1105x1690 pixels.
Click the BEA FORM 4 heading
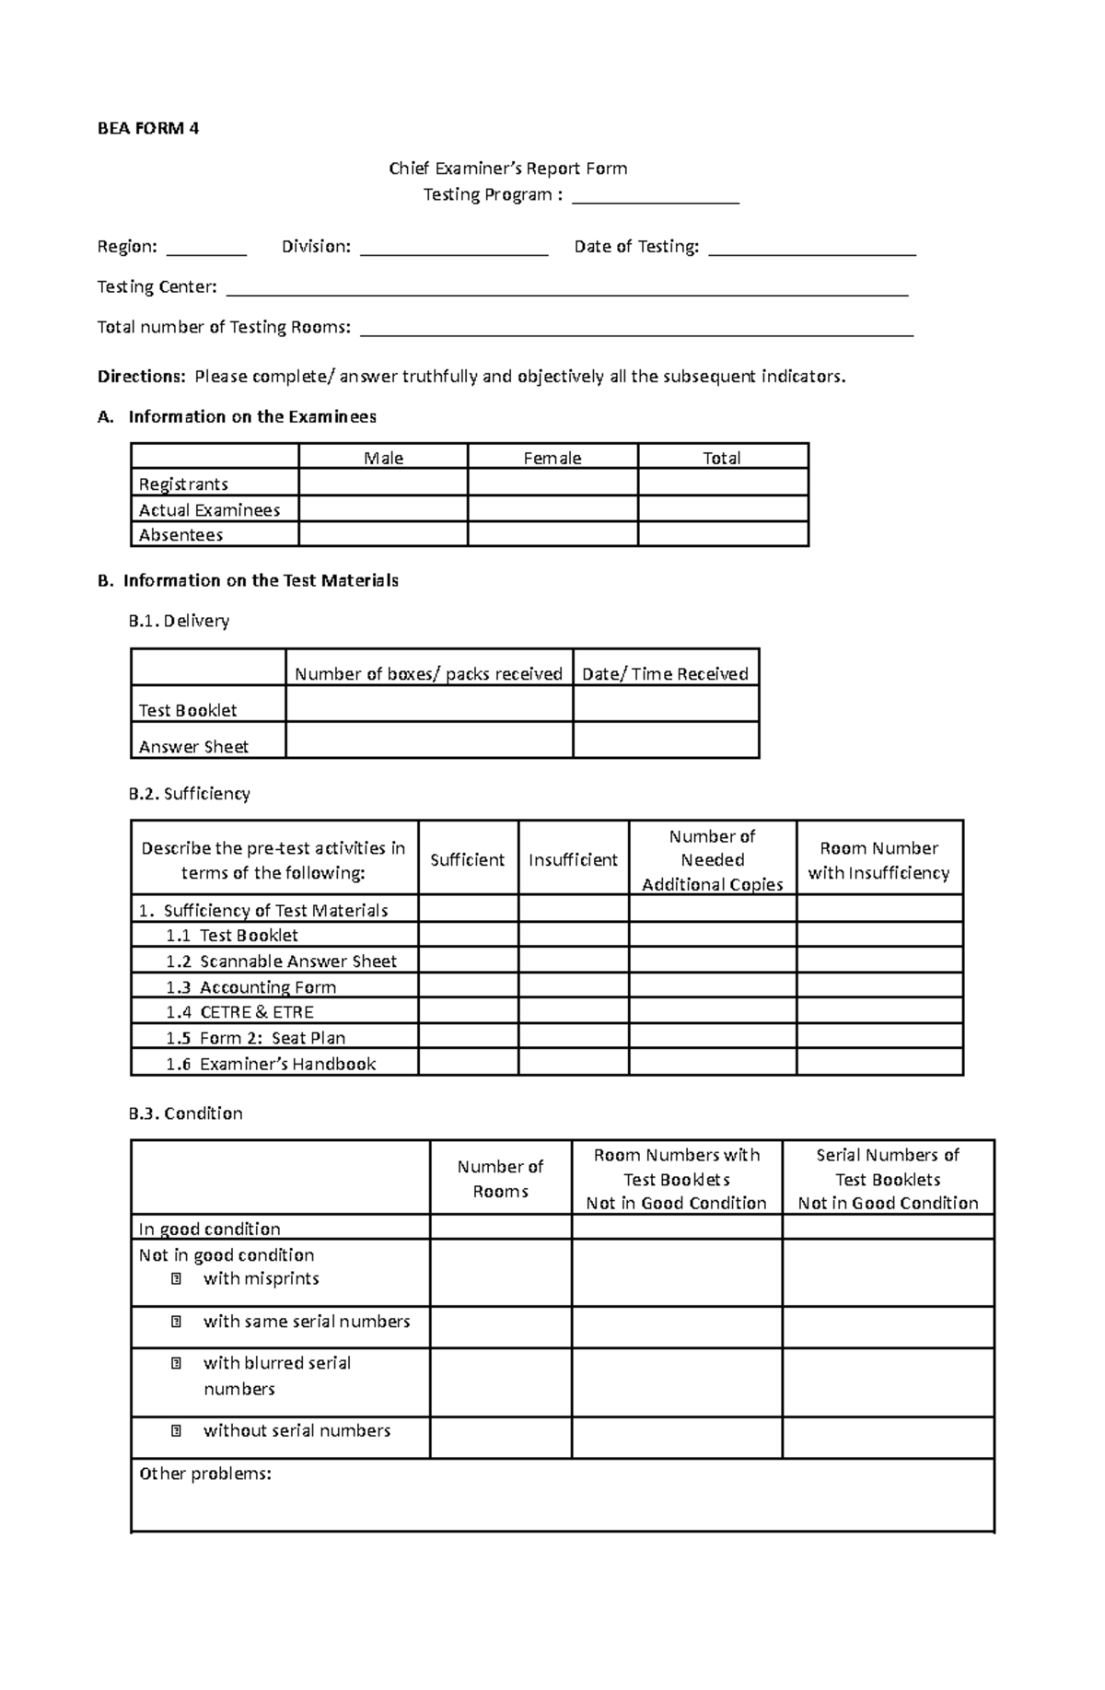click(148, 128)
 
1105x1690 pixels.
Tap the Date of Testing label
click(636, 247)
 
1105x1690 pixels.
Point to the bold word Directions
click(141, 377)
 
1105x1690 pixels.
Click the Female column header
click(552, 458)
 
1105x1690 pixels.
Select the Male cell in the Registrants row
click(383, 484)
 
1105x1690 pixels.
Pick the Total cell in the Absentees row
click(723, 534)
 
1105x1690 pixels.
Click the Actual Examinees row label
click(209, 509)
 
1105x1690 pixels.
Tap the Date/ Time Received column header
click(665, 674)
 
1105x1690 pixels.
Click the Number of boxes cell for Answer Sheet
click(429, 740)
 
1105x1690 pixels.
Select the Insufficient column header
click(573, 859)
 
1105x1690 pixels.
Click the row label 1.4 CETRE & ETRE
click(239, 1012)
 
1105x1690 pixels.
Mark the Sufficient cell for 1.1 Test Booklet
click(468, 935)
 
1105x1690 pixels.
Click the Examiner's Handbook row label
click(271, 1064)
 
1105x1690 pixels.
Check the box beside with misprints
click(176, 1278)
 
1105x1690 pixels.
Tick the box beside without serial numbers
click(176, 1431)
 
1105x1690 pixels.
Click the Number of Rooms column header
click(500, 1179)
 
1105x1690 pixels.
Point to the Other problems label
click(205, 1474)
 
